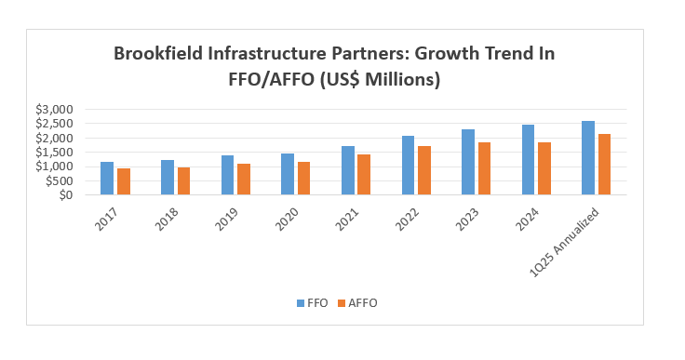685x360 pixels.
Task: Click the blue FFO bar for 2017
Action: click(107, 179)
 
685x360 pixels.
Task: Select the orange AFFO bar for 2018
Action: click(183, 181)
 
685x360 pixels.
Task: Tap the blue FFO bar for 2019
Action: click(227, 175)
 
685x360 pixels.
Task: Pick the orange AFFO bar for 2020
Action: click(303, 179)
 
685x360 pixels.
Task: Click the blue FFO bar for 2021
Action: click(348, 170)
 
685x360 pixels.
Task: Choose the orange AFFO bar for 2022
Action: click(424, 170)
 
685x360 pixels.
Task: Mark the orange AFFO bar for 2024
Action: click(544, 168)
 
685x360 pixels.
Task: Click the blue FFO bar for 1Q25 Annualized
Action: click(588, 158)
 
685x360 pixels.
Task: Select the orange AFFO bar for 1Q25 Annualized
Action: click(605, 165)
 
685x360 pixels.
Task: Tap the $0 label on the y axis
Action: click(63, 195)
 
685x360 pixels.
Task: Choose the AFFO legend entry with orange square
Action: click(356, 302)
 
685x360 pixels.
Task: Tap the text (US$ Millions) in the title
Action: click(382, 80)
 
